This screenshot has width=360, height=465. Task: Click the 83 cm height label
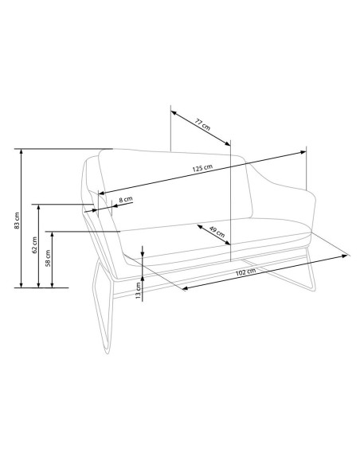coord(18,221)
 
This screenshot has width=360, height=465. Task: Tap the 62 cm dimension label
coord(35,244)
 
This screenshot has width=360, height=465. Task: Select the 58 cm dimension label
coord(48,258)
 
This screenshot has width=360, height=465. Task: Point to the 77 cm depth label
coord(203,124)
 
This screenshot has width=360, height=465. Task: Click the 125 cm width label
coord(202,168)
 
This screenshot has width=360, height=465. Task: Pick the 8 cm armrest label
coord(126,199)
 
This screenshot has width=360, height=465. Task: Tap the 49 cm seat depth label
coord(217,232)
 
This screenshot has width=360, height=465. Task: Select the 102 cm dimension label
coord(245,272)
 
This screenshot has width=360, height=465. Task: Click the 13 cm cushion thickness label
coord(139,290)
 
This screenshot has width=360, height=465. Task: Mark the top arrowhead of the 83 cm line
coord(21,152)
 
